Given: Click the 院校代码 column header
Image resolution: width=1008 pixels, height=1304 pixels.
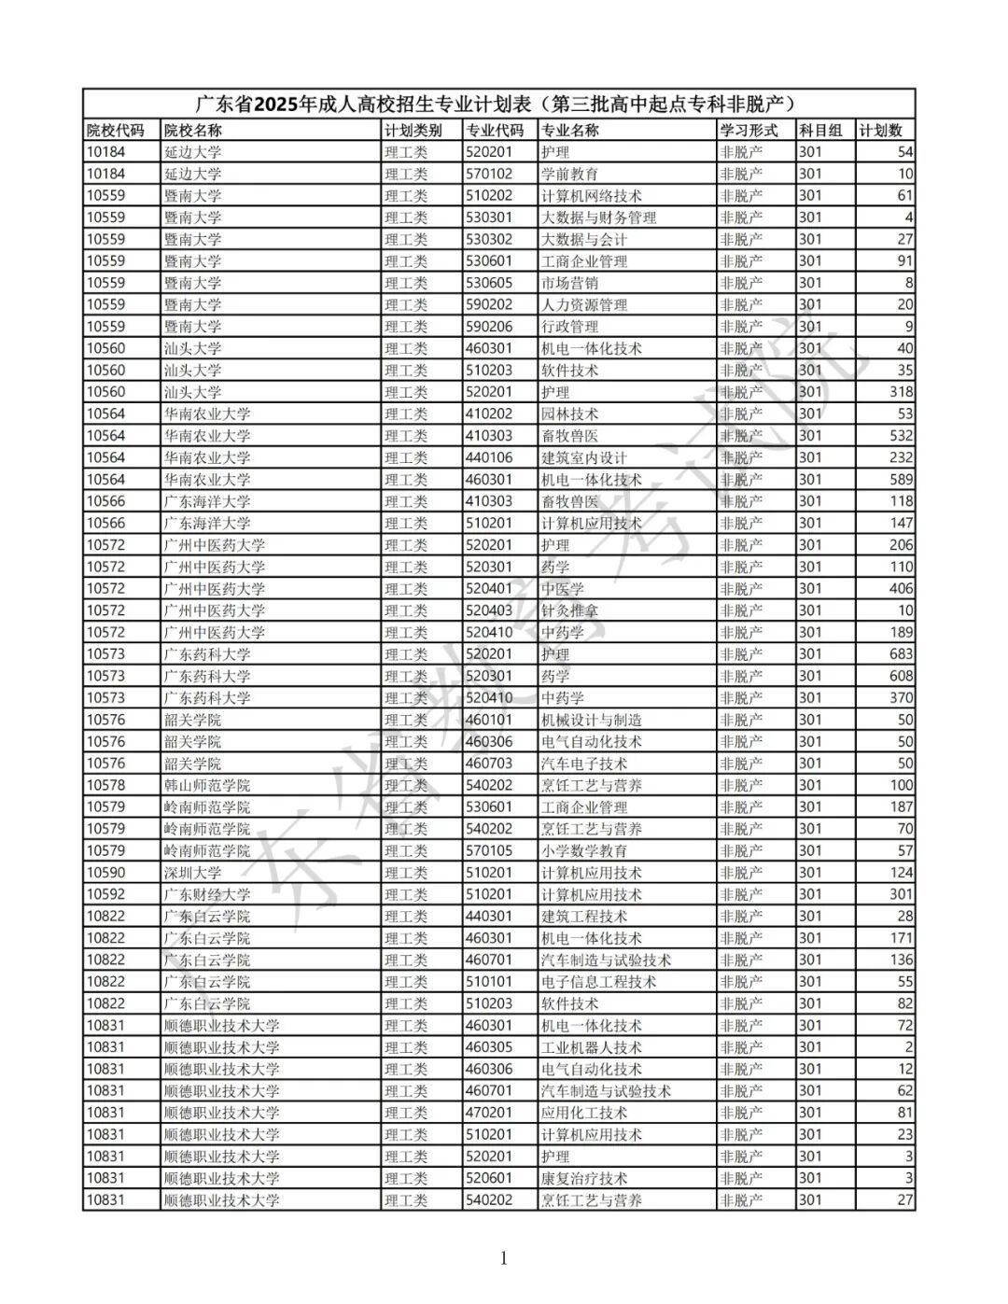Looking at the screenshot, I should (x=116, y=131).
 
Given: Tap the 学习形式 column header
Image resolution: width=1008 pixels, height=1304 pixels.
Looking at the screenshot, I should (x=749, y=131).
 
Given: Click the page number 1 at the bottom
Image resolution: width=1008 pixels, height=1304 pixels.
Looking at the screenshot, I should (x=504, y=1258).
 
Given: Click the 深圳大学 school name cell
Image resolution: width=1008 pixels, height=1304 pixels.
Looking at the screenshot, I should (x=193, y=873).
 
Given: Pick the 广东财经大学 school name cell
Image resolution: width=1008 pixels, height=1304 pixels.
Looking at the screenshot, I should (x=207, y=894).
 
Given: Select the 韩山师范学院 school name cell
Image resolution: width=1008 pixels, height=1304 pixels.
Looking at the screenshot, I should (x=207, y=785).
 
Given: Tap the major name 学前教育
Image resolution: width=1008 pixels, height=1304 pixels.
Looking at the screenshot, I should (x=569, y=174).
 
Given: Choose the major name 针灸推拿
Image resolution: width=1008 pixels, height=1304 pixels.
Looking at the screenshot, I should (x=569, y=610).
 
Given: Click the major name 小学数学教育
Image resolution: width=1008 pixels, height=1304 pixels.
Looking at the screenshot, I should (x=584, y=850).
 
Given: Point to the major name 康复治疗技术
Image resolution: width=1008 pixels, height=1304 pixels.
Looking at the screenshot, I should (x=584, y=1178).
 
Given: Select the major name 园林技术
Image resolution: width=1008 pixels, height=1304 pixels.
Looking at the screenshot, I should (x=569, y=414).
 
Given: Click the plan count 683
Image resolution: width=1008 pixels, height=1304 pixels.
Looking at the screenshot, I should (x=901, y=654).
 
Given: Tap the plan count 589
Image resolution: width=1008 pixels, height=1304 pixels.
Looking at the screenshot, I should (x=901, y=480).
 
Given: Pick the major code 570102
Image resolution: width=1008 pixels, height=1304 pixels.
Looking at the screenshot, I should (x=490, y=174).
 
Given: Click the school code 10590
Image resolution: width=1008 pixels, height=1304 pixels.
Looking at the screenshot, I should (x=105, y=873).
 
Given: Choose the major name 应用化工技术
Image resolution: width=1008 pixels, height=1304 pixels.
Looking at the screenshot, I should (x=584, y=1113).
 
